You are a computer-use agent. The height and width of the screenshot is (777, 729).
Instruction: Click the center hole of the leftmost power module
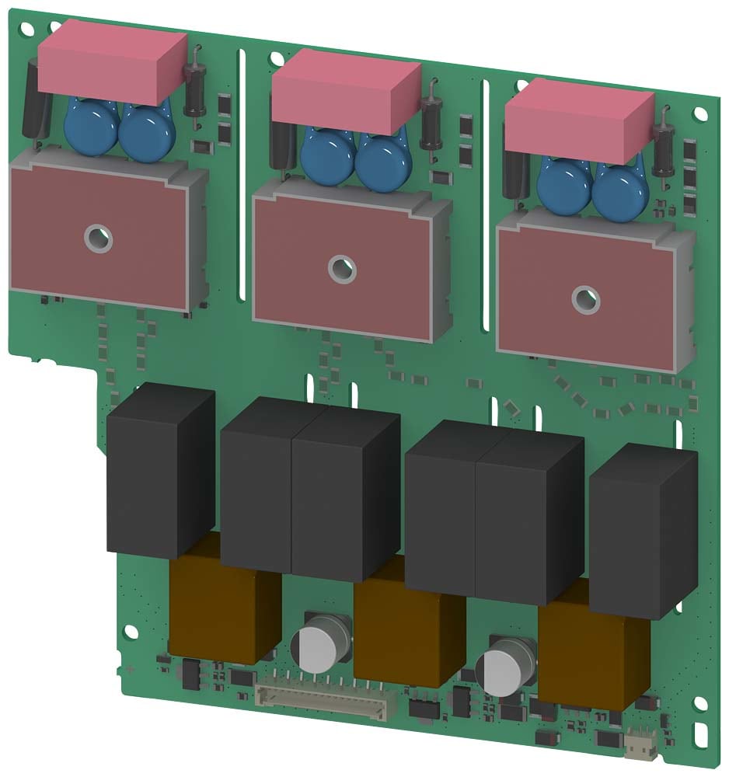point(99,237)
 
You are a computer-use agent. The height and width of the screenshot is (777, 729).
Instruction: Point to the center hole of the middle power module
point(340,268)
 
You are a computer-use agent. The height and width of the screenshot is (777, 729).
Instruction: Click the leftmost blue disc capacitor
point(91,128)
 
